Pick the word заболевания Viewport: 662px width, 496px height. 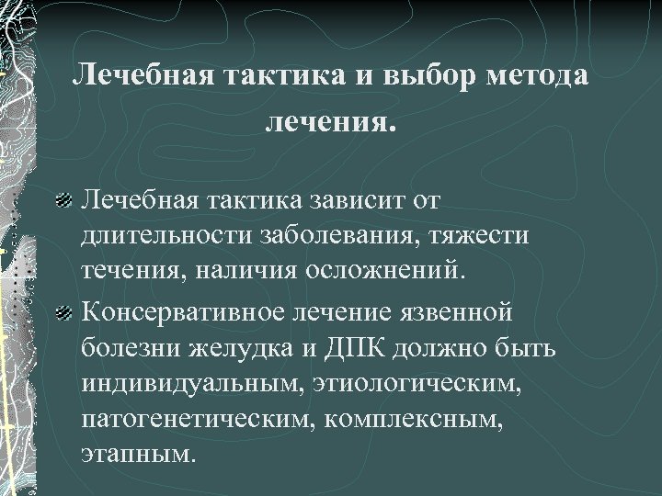[327, 236]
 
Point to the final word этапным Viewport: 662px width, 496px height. [138, 455]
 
